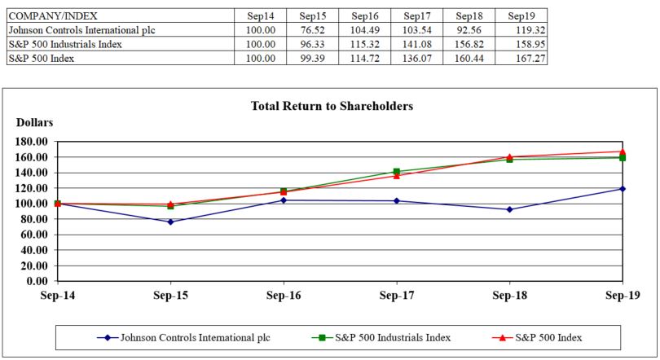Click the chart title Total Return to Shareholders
tap(332, 106)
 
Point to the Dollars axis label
tap(34, 122)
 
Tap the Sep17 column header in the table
tap(416, 16)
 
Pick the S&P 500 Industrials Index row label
tap(65, 44)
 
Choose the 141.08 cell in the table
tap(416, 44)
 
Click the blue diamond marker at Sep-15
tap(170, 222)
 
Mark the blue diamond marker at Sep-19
tap(623, 189)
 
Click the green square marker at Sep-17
tap(397, 172)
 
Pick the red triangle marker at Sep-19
tap(623, 151)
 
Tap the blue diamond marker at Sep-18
tap(509, 209)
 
